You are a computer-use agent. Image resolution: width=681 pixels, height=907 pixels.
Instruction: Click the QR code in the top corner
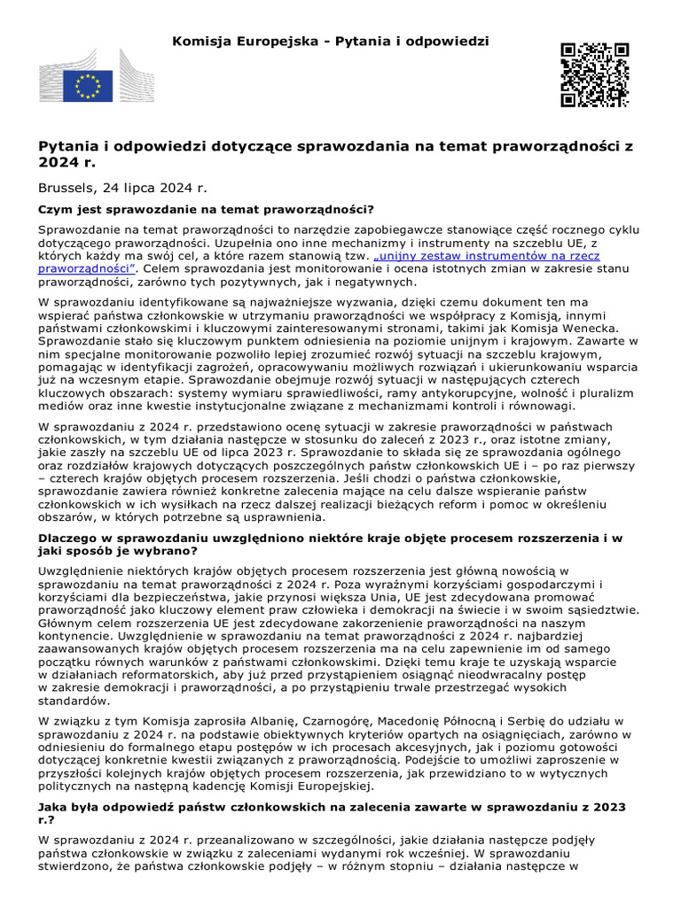tap(594, 74)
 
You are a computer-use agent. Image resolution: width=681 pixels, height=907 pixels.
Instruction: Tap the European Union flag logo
tap(88, 86)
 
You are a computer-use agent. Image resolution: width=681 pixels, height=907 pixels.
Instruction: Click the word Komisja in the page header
tap(201, 42)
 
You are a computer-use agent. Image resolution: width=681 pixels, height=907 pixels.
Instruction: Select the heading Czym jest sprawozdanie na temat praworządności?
tap(206, 210)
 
